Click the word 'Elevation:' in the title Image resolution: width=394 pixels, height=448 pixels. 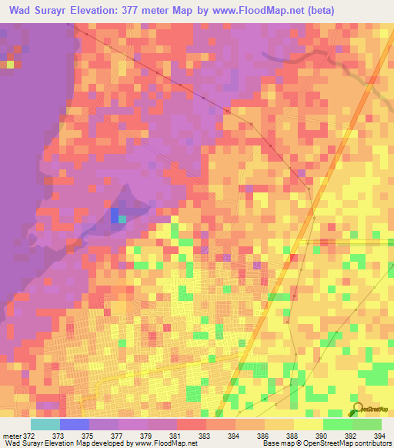coord(112,10)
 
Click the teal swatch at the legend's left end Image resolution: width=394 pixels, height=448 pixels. coord(45,424)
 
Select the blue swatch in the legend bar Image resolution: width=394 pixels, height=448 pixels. coord(74,424)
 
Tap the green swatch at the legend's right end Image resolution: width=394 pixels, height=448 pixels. coord(366,424)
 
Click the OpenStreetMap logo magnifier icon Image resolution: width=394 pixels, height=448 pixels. coord(356,410)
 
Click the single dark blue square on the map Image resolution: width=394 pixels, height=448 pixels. coord(115,215)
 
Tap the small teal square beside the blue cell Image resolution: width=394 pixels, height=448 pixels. coord(122,219)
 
